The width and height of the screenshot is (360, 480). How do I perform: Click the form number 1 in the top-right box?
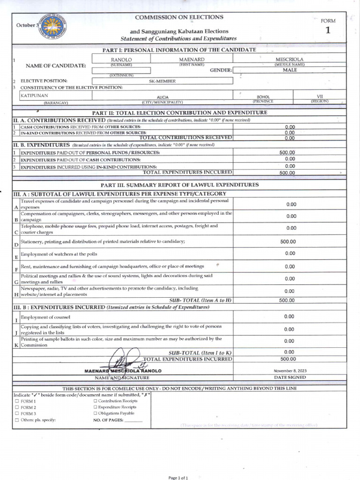point(328,31)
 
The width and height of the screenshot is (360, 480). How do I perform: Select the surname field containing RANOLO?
point(121,60)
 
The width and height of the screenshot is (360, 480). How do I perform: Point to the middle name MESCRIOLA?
point(289,60)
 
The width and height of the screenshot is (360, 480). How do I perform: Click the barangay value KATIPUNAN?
point(34,95)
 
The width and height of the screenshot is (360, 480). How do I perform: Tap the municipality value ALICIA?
point(162,97)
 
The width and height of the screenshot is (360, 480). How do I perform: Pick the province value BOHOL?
point(263,97)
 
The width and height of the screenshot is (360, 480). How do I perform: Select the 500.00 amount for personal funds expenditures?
point(287,152)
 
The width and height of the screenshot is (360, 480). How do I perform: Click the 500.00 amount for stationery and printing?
point(288,242)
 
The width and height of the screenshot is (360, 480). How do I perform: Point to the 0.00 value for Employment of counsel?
point(289,316)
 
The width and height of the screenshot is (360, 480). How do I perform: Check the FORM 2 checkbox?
point(17,408)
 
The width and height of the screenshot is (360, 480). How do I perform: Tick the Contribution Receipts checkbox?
point(96,401)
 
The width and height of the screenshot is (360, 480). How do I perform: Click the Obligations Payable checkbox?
point(96,413)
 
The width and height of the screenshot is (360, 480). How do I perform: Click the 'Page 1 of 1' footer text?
point(178,478)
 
